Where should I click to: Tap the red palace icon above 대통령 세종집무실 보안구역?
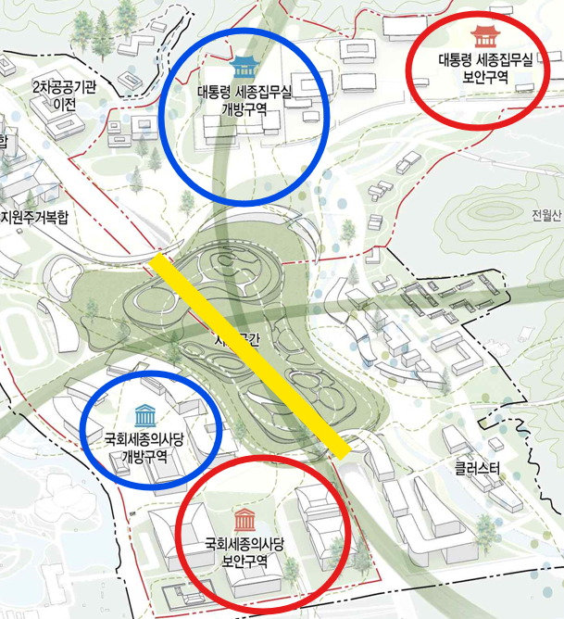tap(483, 37)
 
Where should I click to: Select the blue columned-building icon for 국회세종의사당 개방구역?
tap(144, 414)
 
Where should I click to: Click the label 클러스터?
tap(477, 469)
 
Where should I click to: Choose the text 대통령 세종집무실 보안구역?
tap(484, 69)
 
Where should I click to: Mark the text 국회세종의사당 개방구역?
tap(144, 448)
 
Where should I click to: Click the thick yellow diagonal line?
tap(250, 357)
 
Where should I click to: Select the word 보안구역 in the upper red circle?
tap(484, 78)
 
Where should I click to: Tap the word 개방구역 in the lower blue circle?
tap(144, 457)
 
